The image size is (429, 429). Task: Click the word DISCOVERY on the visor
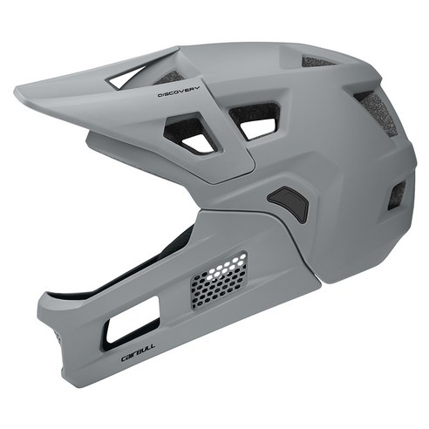point(179,92)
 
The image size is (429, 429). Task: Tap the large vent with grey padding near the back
point(376,113)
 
